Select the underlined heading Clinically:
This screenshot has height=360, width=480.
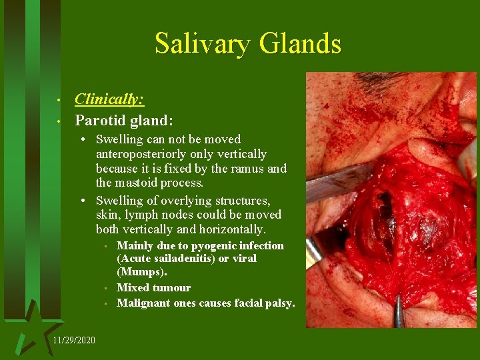click(110, 99)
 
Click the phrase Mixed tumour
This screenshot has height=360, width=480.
click(153, 288)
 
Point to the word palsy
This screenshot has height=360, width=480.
click(280, 303)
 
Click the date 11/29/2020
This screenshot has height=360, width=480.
click(73, 340)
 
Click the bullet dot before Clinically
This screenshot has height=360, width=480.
click(59, 101)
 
